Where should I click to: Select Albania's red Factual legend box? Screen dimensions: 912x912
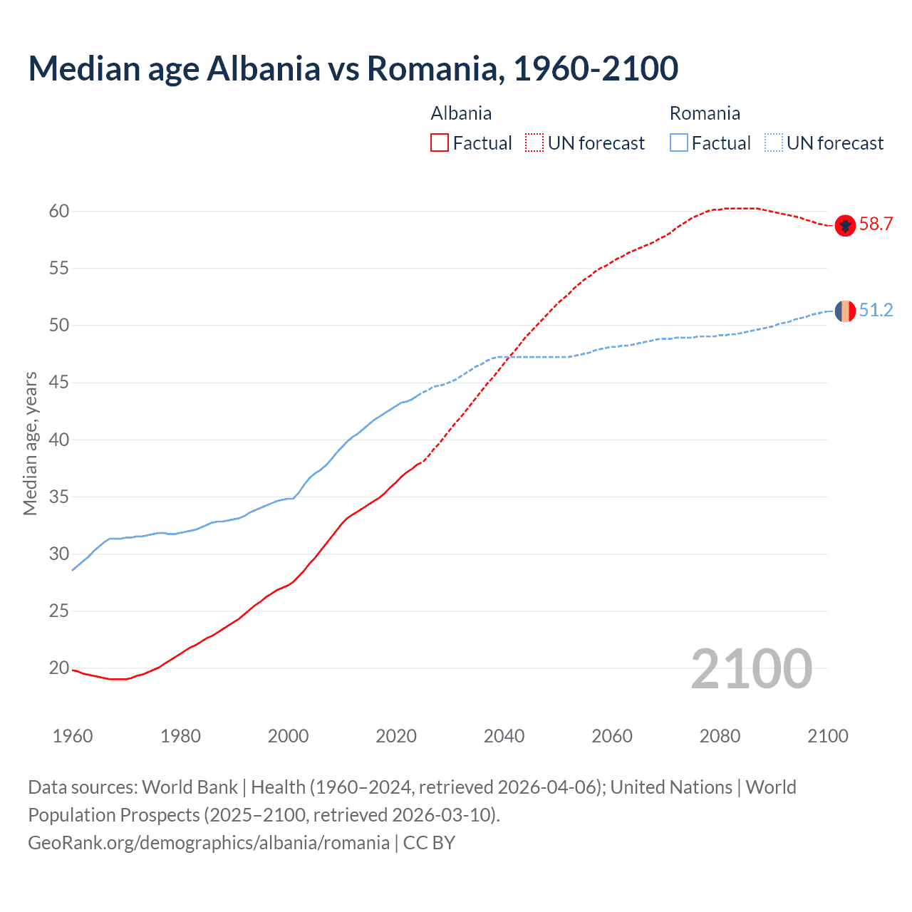pos(440,143)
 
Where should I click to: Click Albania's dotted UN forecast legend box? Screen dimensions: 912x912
pos(534,143)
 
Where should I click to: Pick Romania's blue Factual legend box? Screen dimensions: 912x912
pos(679,143)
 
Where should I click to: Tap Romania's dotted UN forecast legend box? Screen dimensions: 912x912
pos(774,143)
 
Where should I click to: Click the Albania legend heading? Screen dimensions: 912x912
pos(461,113)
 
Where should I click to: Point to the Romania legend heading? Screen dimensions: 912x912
pos(705,113)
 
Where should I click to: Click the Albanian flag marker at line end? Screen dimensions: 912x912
pos(845,225)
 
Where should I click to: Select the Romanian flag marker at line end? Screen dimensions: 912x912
pos(845,311)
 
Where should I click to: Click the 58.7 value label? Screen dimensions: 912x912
pos(876,224)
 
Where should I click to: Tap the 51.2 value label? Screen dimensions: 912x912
pos(876,310)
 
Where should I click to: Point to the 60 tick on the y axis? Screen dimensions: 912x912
pos(58,212)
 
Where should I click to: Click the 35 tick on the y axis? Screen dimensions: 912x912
pos(58,497)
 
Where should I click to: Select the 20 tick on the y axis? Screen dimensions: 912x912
pos(58,668)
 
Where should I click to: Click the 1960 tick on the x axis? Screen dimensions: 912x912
pos(73,736)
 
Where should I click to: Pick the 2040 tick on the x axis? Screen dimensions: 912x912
pos(504,736)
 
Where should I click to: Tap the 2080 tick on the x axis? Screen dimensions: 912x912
pos(720,736)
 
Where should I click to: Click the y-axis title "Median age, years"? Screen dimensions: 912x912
pos(30,443)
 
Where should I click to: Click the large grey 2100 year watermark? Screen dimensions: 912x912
pos(751,669)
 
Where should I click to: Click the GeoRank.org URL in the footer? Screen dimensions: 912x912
pos(209,843)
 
